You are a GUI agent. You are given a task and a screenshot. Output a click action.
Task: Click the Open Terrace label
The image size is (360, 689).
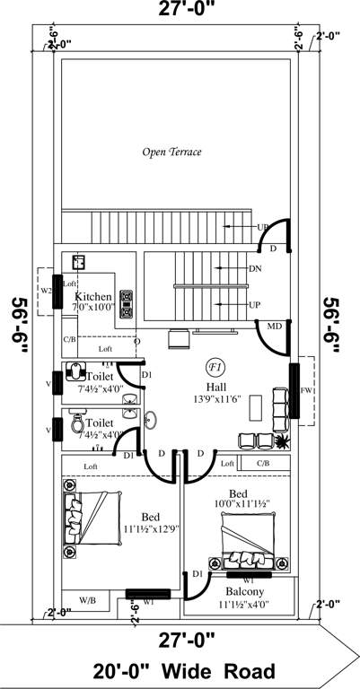171,153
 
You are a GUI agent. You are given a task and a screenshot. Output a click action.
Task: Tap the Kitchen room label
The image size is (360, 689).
92,296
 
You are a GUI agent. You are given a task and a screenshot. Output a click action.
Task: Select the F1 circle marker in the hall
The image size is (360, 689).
215,367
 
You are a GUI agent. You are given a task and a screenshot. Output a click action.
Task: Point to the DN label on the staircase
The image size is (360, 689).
255,268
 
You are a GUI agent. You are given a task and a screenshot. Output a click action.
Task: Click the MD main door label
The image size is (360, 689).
275,325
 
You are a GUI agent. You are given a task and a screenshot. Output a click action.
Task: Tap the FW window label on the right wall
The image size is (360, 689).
306,391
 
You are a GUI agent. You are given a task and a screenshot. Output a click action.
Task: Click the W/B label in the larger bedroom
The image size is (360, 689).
88,598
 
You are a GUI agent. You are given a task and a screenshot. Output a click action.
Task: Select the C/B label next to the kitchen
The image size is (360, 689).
69,339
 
